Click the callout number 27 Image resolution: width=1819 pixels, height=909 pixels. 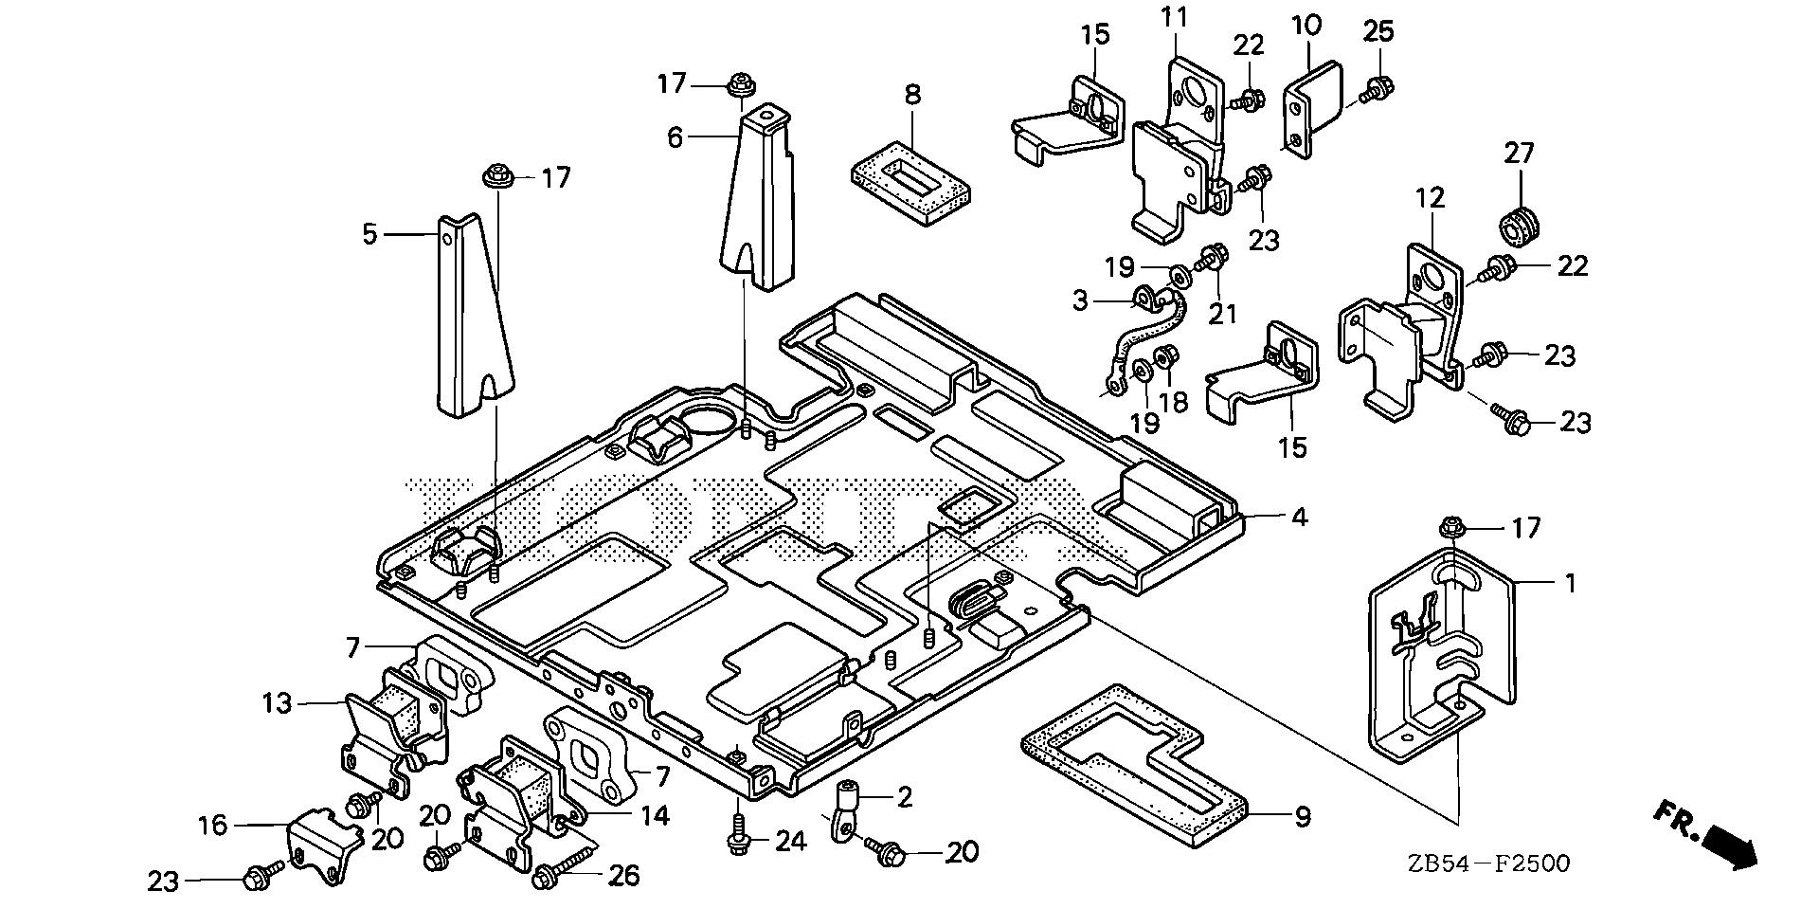pos(1519,154)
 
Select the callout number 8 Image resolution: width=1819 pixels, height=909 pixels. pos(912,95)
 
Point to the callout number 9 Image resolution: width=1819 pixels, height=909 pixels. pos(1303,816)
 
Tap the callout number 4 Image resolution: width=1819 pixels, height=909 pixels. pos(1299,518)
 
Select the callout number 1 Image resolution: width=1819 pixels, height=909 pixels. pos(1570,584)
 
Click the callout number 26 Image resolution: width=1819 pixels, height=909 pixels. pos(622,875)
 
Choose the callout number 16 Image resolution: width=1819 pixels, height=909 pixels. pos(213,826)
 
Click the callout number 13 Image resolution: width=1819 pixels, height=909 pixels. pos(279,703)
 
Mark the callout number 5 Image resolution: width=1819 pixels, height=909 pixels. pos(369,232)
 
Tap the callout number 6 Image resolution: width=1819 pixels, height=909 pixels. pos(674,138)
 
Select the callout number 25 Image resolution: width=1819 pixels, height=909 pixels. pos(1378,31)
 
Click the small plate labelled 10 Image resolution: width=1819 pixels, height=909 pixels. pos(1306,106)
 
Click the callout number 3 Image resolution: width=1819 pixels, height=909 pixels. pos(1080,301)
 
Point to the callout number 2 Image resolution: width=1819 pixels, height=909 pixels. pos(905,798)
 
